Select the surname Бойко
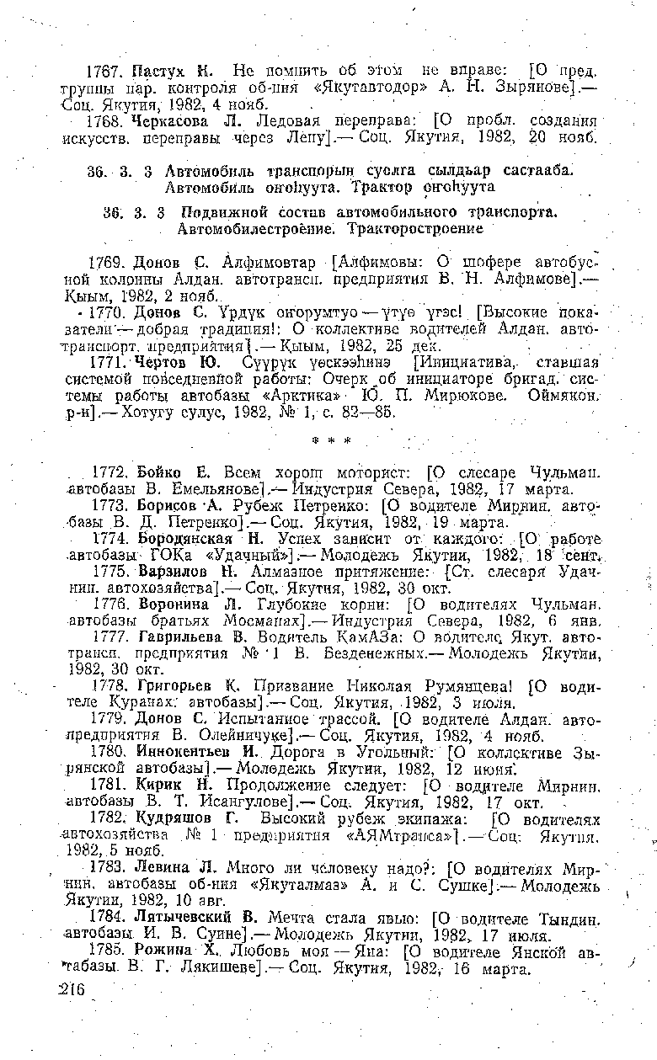click(x=159, y=472)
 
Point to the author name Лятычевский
click(x=191, y=934)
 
